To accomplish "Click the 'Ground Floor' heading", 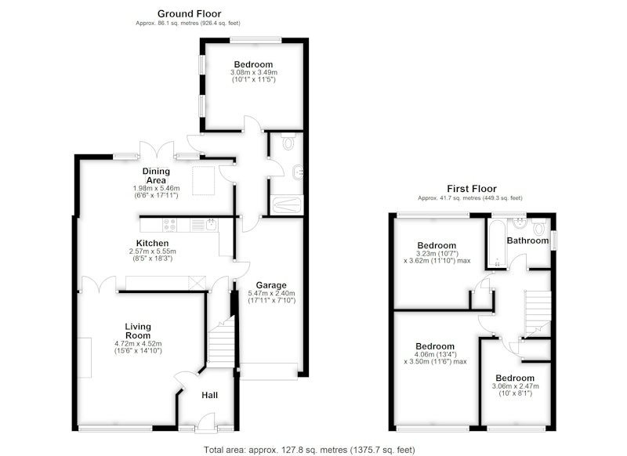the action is (x=189, y=14).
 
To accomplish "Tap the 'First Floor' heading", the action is (x=472, y=189).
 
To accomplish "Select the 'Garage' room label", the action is (x=271, y=285).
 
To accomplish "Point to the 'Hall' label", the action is (x=209, y=395).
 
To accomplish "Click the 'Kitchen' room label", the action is (x=152, y=243).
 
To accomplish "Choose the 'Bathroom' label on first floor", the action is (x=527, y=241).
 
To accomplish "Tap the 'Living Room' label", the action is (x=138, y=331).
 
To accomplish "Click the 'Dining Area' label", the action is (x=156, y=176).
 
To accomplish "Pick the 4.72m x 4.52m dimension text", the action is (x=138, y=344).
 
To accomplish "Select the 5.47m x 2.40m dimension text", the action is (x=271, y=293).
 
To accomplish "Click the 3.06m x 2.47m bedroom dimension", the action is (x=515, y=386).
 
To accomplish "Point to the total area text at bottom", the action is (x=310, y=450).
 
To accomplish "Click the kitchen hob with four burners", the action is (x=169, y=225).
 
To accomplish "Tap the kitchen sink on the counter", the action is (x=212, y=225).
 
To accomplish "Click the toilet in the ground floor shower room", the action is (x=288, y=141).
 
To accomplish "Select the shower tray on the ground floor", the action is (x=286, y=205).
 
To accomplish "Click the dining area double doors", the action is (x=157, y=150).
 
